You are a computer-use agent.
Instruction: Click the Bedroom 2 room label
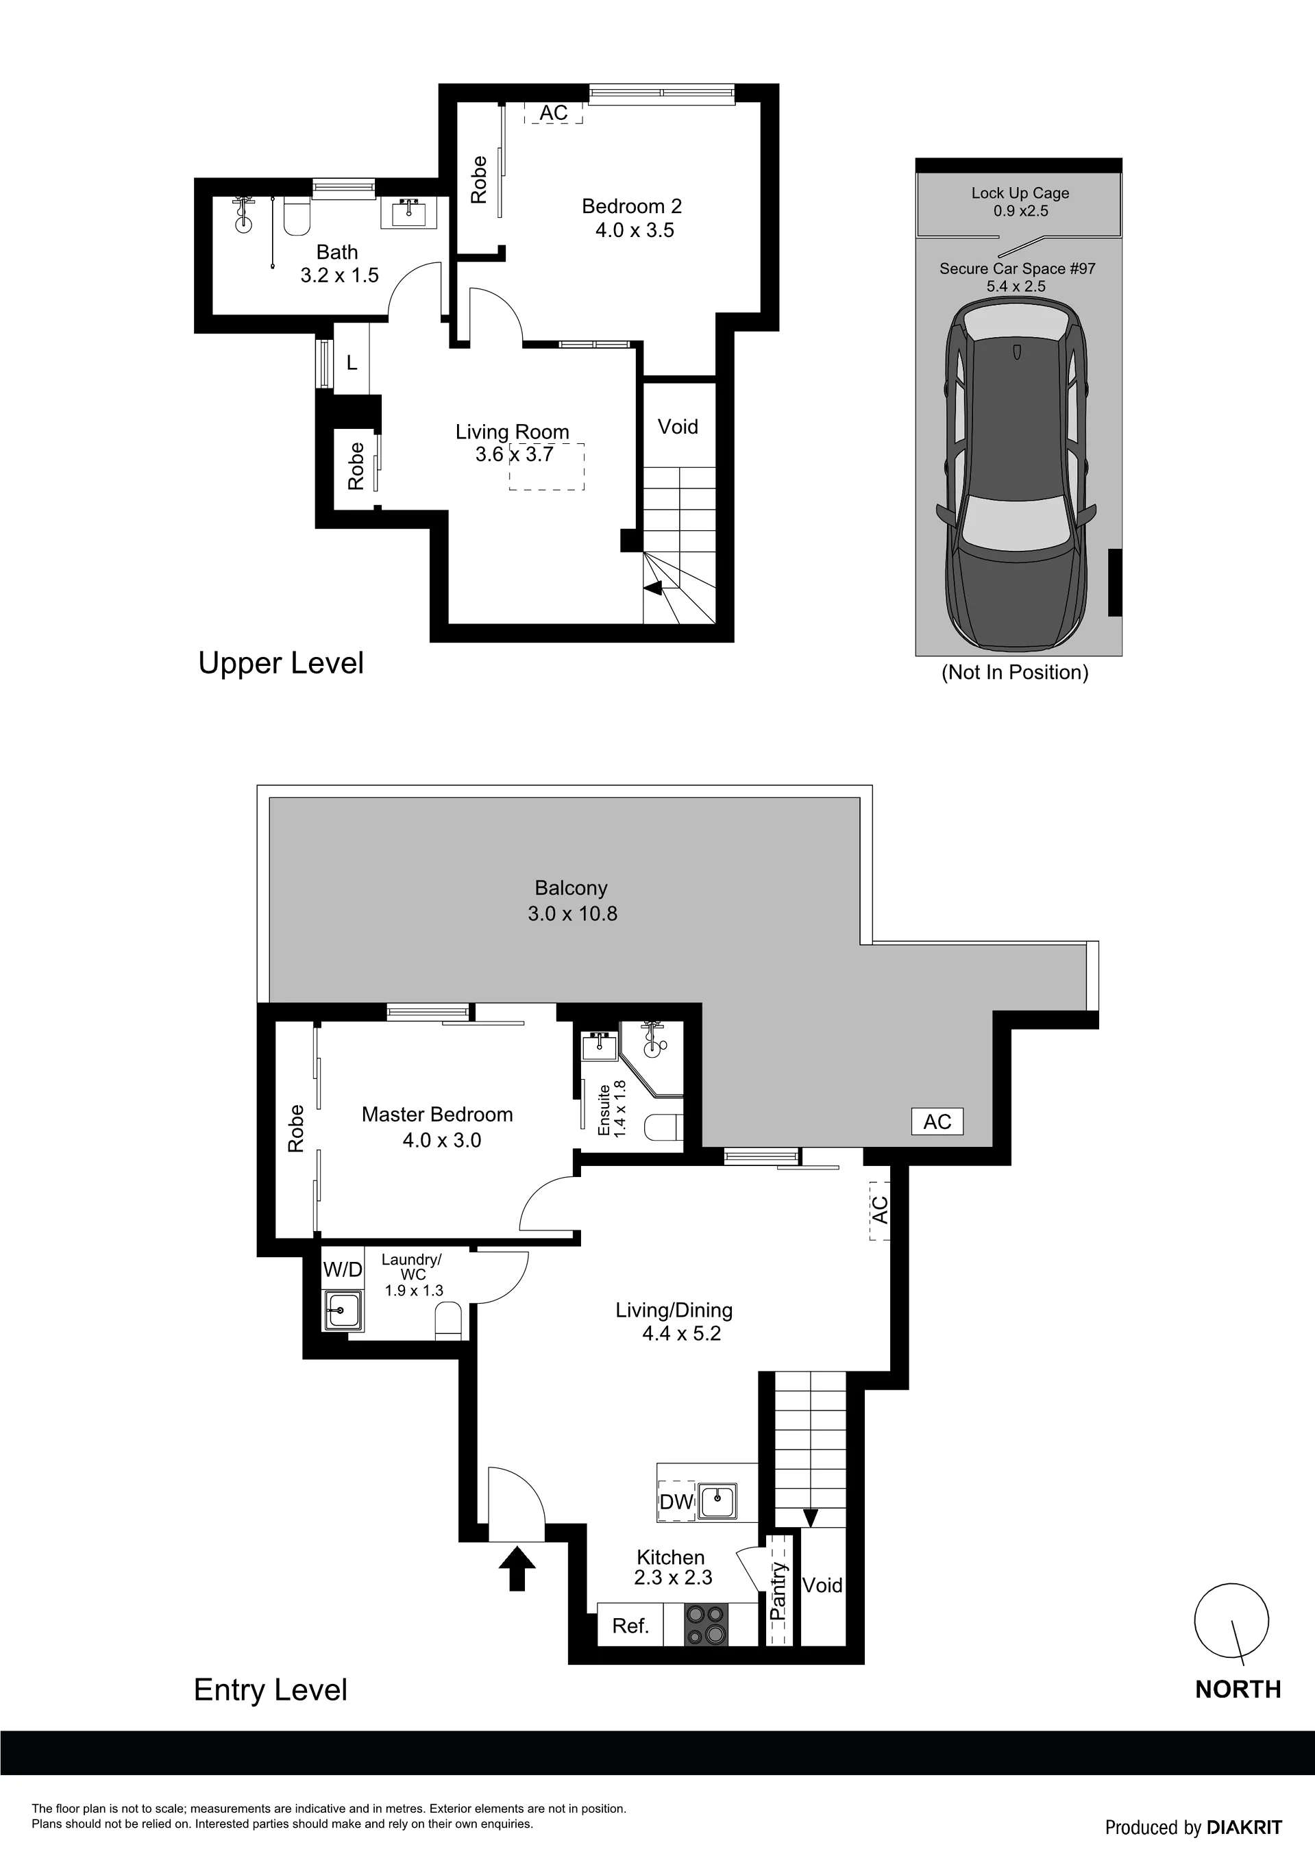pyautogui.click(x=632, y=207)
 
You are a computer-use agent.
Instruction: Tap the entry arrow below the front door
pyautogui.click(x=516, y=1568)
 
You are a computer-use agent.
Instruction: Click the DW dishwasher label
pyautogui.click(x=676, y=1502)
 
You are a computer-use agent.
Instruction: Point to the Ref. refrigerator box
pyautogui.click(x=630, y=1625)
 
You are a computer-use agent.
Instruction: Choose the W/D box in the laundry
pyautogui.click(x=343, y=1269)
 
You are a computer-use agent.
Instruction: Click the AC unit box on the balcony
pyautogui.click(x=937, y=1121)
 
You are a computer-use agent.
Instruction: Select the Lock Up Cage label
pyautogui.click(x=1020, y=193)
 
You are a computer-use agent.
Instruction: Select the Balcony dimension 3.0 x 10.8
pyautogui.click(x=573, y=914)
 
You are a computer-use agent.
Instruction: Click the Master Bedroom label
pyautogui.click(x=437, y=1115)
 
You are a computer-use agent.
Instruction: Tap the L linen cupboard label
pyautogui.click(x=352, y=364)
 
